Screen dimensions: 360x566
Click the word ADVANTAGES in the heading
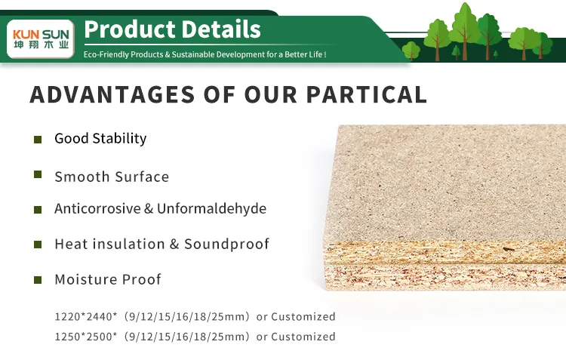106,94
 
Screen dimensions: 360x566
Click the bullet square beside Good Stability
37,139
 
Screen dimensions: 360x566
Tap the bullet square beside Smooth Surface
37,174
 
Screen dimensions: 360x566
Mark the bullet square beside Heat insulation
37,245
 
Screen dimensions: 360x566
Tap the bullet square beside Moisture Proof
37,280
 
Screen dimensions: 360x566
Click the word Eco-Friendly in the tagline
106,55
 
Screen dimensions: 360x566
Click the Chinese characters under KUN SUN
41,45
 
